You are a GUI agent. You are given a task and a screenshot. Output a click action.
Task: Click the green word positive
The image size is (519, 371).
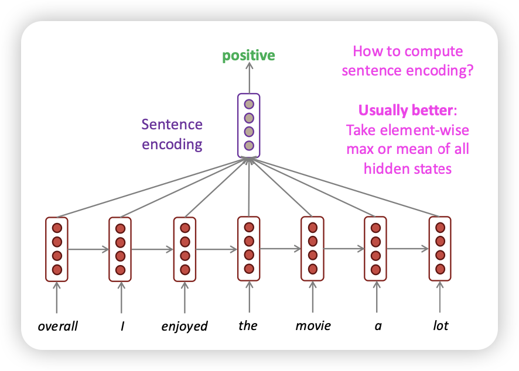[x=248, y=56]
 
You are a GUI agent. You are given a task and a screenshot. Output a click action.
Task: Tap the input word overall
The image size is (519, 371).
[x=57, y=325]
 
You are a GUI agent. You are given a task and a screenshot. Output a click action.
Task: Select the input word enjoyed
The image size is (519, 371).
[x=185, y=325]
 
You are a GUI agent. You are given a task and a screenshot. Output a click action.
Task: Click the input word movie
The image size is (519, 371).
[x=313, y=325]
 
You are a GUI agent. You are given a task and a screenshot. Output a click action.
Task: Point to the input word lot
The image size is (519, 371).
[x=440, y=325]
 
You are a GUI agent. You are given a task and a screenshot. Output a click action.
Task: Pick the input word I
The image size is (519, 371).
[x=122, y=325]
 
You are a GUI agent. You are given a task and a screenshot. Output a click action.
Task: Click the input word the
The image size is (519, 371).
[x=248, y=325]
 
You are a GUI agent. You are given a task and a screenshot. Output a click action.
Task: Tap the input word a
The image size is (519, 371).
[x=378, y=325]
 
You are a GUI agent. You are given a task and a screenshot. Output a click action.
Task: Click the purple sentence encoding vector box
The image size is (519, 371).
[x=248, y=125]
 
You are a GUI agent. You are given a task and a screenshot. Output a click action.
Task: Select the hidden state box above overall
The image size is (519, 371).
[x=57, y=249]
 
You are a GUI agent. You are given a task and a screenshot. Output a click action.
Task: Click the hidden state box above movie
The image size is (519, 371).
[x=312, y=248]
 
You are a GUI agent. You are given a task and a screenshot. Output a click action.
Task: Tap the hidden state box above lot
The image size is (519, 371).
[x=440, y=248]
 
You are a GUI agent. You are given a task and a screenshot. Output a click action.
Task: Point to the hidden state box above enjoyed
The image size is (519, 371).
[x=185, y=249]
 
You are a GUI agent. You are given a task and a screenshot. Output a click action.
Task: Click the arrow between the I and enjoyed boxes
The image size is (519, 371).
[x=153, y=249]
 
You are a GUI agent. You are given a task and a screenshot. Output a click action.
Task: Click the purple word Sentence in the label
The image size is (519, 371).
[x=172, y=125]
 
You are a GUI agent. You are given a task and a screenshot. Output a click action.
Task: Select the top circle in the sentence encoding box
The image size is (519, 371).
[x=249, y=104]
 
